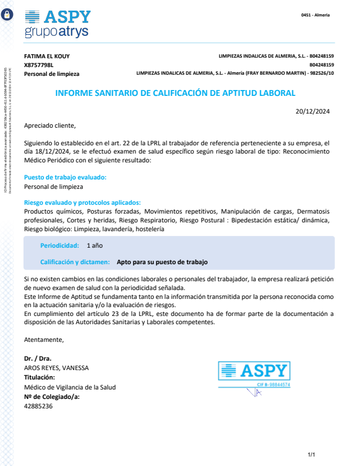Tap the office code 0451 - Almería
click(315, 15)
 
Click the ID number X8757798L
click(39, 65)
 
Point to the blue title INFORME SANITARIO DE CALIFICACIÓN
click(175, 93)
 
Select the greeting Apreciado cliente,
click(50, 125)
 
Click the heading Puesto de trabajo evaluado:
click(65, 177)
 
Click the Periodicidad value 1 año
click(95, 245)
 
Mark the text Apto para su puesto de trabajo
click(162, 262)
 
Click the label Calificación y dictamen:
click(75, 262)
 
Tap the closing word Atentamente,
click(44, 339)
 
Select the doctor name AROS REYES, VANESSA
click(56, 368)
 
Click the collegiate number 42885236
click(38, 405)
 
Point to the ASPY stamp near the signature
click(254, 374)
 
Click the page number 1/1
click(312, 455)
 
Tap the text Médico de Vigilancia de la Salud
click(70, 387)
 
